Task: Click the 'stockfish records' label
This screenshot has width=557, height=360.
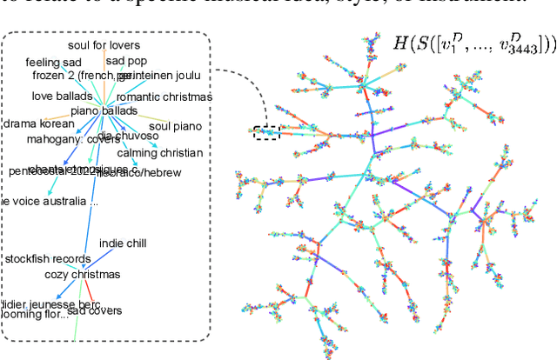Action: coord(48,259)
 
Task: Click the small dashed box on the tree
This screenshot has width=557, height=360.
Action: coord(265,133)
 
